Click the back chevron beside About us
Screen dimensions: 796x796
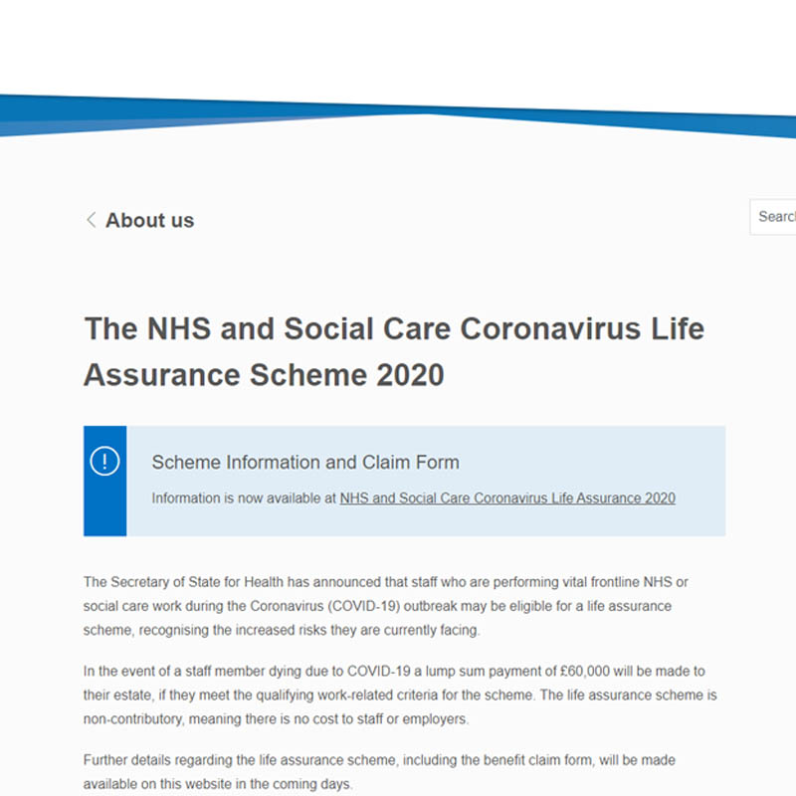[91, 220]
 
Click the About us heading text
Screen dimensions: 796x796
[149, 221]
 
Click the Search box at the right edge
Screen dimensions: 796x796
[775, 217]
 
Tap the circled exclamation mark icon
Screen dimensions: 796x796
[104, 462]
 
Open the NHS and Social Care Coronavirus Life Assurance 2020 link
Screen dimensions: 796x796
[507, 498]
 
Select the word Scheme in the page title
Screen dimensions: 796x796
[299, 375]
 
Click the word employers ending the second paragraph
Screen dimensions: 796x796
[432, 718]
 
